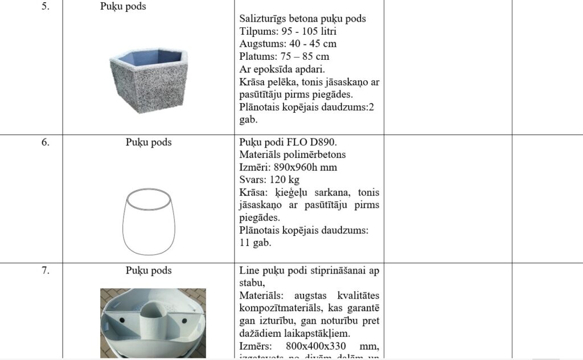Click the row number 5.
(45, 7)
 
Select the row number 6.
(45, 142)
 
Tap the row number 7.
(45, 271)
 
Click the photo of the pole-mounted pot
(153, 322)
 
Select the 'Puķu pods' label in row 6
(149, 142)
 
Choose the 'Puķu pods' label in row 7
(149, 271)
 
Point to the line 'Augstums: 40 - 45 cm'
(288, 44)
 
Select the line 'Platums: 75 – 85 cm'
(284, 56)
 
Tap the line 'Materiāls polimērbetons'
(292, 155)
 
